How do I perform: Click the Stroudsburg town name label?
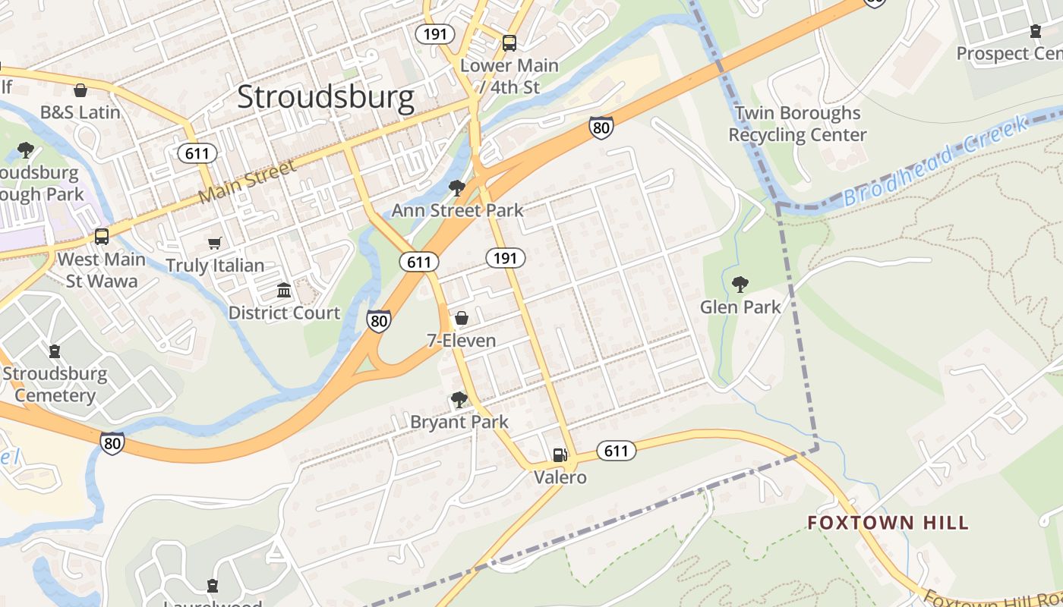[326, 98]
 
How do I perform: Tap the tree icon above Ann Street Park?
[456, 187]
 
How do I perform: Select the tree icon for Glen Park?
[740, 285]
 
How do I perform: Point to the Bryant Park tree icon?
[459, 399]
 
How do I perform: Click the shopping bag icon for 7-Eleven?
[461, 319]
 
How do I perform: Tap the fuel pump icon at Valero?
[560, 455]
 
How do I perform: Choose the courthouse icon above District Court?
[284, 291]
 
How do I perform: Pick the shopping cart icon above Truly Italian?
[215, 244]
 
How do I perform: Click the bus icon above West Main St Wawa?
[102, 237]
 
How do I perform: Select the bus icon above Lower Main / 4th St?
[509, 43]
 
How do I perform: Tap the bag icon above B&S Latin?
[80, 90]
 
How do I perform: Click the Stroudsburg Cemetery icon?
[54, 351]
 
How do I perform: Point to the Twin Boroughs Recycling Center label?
[797, 124]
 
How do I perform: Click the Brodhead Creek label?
[935, 162]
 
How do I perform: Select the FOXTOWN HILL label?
[888, 522]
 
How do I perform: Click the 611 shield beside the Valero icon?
[616, 451]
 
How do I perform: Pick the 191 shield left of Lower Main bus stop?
[435, 34]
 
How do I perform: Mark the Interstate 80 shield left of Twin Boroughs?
[601, 127]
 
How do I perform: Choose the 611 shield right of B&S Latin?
[197, 154]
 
